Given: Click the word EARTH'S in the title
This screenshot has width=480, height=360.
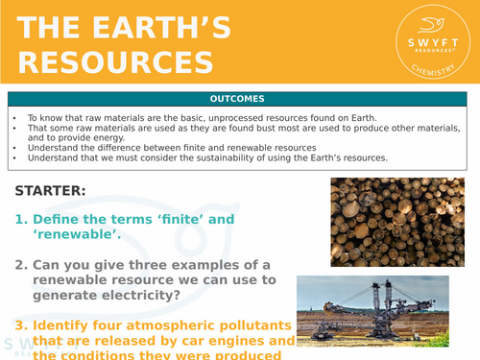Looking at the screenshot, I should (172, 30).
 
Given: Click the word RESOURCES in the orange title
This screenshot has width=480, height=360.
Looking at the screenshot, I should (116, 62).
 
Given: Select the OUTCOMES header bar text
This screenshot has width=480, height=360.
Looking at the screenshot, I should (239, 99).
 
